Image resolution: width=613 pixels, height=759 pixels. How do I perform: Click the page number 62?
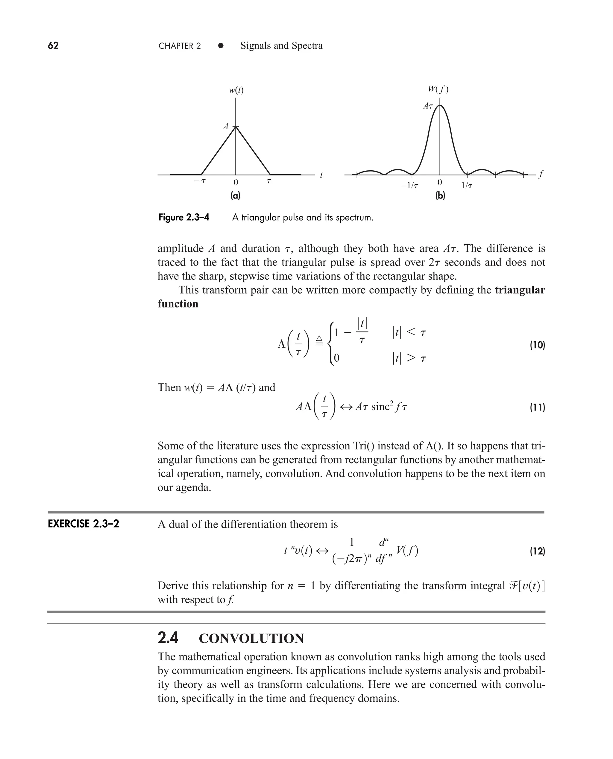(53, 46)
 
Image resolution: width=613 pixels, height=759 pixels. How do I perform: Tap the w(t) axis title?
(236, 90)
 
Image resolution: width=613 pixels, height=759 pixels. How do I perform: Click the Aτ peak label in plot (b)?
(428, 106)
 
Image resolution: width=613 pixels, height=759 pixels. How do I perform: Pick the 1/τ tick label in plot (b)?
(467, 185)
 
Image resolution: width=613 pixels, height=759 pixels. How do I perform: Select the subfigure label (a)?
(235, 195)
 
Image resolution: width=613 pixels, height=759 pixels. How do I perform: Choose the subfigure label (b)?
(440, 195)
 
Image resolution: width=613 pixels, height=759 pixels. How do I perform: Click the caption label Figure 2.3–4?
(184, 217)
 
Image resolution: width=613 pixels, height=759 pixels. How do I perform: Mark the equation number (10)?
(537, 345)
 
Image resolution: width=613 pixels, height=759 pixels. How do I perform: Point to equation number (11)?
(537, 407)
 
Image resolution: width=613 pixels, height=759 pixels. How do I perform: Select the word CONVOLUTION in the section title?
(251, 638)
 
